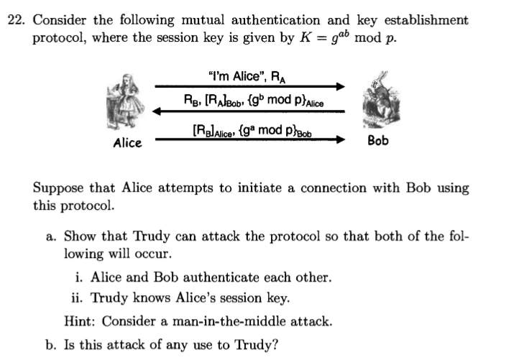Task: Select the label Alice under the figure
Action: coord(127,143)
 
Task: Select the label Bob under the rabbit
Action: coord(377,141)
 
